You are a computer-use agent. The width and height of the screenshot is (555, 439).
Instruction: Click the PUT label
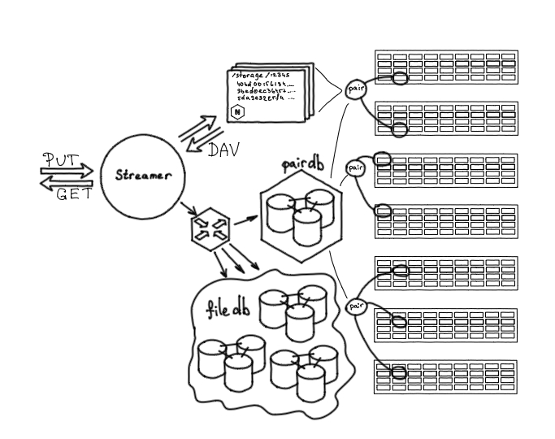tap(59, 159)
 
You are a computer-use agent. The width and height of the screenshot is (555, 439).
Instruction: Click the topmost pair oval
tap(356, 90)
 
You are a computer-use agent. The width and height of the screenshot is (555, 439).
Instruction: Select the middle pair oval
tap(355, 167)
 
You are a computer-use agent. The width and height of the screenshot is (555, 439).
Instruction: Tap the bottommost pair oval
tap(356, 306)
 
